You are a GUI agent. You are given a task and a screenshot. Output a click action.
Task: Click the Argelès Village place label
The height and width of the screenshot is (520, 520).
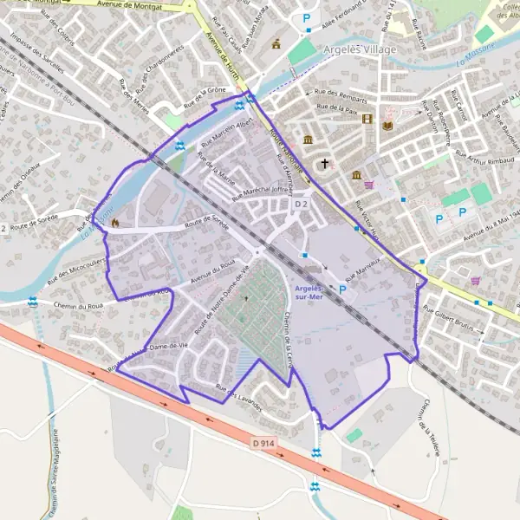coord(361,49)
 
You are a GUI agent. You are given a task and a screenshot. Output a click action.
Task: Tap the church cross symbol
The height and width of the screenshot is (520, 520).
coord(325,163)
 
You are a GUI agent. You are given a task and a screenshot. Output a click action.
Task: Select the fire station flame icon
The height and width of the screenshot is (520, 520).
coord(114,222)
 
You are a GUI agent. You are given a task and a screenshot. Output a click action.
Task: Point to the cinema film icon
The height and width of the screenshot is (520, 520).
coord(367,119)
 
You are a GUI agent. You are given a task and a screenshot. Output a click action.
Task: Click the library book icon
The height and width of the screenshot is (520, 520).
coord(387,126)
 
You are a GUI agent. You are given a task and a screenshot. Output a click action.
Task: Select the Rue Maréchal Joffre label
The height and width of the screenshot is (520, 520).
coord(261,191)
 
